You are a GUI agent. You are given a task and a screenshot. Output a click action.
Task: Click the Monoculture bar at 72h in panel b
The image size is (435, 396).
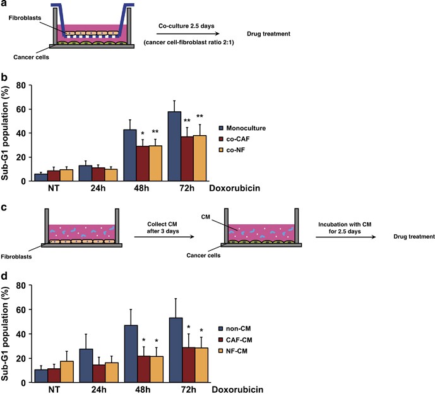pyautogui.click(x=174, y=147)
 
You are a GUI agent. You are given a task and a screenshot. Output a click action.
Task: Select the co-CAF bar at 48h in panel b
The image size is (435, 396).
pyautogui.click(x=143, y=164)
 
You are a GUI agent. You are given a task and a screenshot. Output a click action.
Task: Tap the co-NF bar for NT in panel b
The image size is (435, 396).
pyautogui.click(x=66, y=176)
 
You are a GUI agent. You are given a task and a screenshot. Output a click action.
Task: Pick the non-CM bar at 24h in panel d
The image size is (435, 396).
pyautogui.click(x=86, y=366)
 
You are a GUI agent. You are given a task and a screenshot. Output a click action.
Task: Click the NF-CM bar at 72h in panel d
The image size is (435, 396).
pyautogui.click(x=201, y=365)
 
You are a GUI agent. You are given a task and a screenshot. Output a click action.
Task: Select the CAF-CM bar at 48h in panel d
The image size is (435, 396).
pyautogui.click(x=144, y=369)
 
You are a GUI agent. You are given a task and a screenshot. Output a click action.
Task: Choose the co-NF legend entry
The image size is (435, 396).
pyautogui.click(x=232, y=150)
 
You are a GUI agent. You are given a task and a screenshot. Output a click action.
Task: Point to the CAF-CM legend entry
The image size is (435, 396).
pyautogui.click(x=235, y=340)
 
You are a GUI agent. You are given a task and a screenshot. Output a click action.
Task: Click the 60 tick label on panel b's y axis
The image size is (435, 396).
pyautogui.click(x=21, y=109)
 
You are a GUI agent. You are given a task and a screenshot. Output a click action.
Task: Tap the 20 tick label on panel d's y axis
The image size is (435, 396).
pyautogui.click(x=21, y=358)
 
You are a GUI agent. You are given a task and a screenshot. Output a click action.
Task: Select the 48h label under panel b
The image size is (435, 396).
pyautogui.click(x=141, y=188)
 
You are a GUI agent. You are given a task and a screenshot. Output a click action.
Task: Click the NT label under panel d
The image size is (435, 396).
pyautogui.click(x=54, y=390)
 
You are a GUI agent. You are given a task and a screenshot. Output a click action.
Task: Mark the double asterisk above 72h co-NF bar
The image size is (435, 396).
pyautogui.click(x=200, y=116)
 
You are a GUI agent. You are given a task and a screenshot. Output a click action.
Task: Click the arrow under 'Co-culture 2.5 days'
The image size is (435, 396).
pyautogui.click(x=188, y=34)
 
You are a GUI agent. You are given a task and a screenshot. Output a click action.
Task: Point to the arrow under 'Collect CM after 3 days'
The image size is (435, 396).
pyautogui.click(x=164, y=237)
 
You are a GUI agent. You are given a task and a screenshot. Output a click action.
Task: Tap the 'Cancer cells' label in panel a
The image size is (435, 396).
pyautogui.click(x=31, y=57)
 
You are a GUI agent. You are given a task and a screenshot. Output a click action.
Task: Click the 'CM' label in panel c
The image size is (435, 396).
pyautogui.click(x=206, y=217)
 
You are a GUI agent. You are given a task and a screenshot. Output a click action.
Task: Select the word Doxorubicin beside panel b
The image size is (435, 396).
pyautogui.click(x=235, y=188)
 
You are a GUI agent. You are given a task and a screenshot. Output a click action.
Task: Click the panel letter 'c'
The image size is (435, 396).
pyautogui.click(x=4, y=208)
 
